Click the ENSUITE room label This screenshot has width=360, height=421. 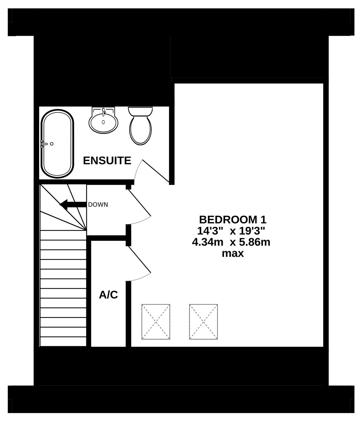coord(107,161)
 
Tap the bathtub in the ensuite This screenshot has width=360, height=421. coord(57,143)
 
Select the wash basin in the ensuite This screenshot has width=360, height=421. coord(103,120)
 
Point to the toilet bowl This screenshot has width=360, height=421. coord(140,130)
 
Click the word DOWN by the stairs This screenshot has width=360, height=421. coord(98,205)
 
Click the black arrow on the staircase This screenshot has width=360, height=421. coord(73,205)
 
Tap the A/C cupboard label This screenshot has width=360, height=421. coord(108,295)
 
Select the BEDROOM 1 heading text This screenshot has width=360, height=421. coord(233,220)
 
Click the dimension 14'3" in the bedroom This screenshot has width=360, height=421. coord(211,231)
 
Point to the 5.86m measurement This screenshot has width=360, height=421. coord(255,243)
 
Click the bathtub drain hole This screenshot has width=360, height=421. coord(52,144)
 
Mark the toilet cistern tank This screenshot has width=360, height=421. coord(140,111)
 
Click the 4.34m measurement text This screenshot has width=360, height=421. coord(208,243)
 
